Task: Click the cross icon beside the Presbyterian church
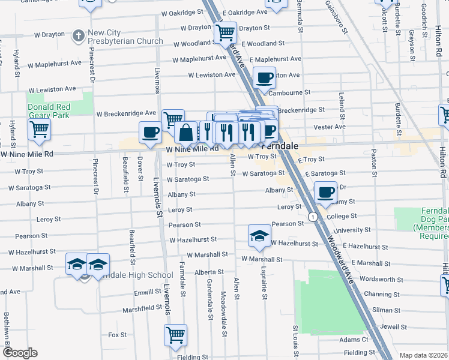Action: (x=77, y=36)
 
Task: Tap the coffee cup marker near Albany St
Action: (x=325, y=193)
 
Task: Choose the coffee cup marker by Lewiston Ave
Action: (x=264, y=77)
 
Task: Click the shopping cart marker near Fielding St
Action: (x=175, y=335)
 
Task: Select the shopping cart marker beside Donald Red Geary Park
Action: (x=39, y=128)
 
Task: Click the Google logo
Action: (x=20, y=353)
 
